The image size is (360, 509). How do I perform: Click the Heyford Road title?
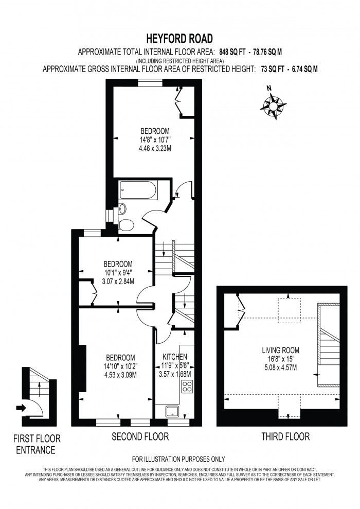(180, 39)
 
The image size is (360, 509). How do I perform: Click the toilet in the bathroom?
(125, 225)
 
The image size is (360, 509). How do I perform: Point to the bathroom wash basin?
(122, 208)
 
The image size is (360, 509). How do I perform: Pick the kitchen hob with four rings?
(187, 387)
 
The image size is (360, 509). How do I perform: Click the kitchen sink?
(171, 411)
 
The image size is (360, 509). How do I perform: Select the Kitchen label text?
(175, 357)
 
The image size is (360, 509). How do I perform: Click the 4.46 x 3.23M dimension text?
(155, 148)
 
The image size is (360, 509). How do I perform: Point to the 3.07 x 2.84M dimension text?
(118, 281)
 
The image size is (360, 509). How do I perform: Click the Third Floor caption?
(285, 437)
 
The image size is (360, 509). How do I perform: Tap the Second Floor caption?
(140, 437)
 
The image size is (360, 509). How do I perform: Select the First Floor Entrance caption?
(37, 445)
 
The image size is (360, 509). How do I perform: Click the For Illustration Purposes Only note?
(178, 459)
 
